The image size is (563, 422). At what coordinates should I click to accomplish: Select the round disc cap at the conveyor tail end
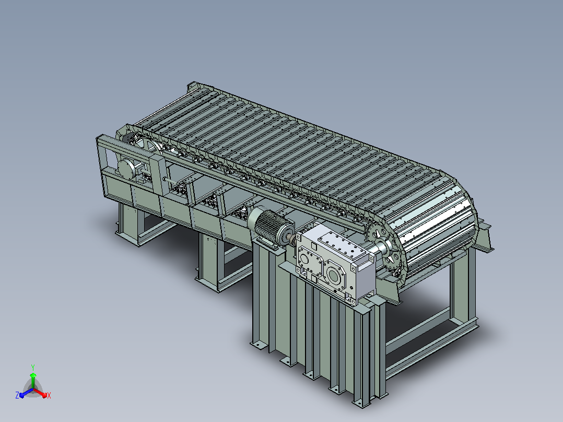click(x=126, y=169)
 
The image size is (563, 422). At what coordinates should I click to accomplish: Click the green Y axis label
click(x=33, y=367)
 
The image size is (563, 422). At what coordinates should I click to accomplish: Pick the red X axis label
click(x=49, y=395)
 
